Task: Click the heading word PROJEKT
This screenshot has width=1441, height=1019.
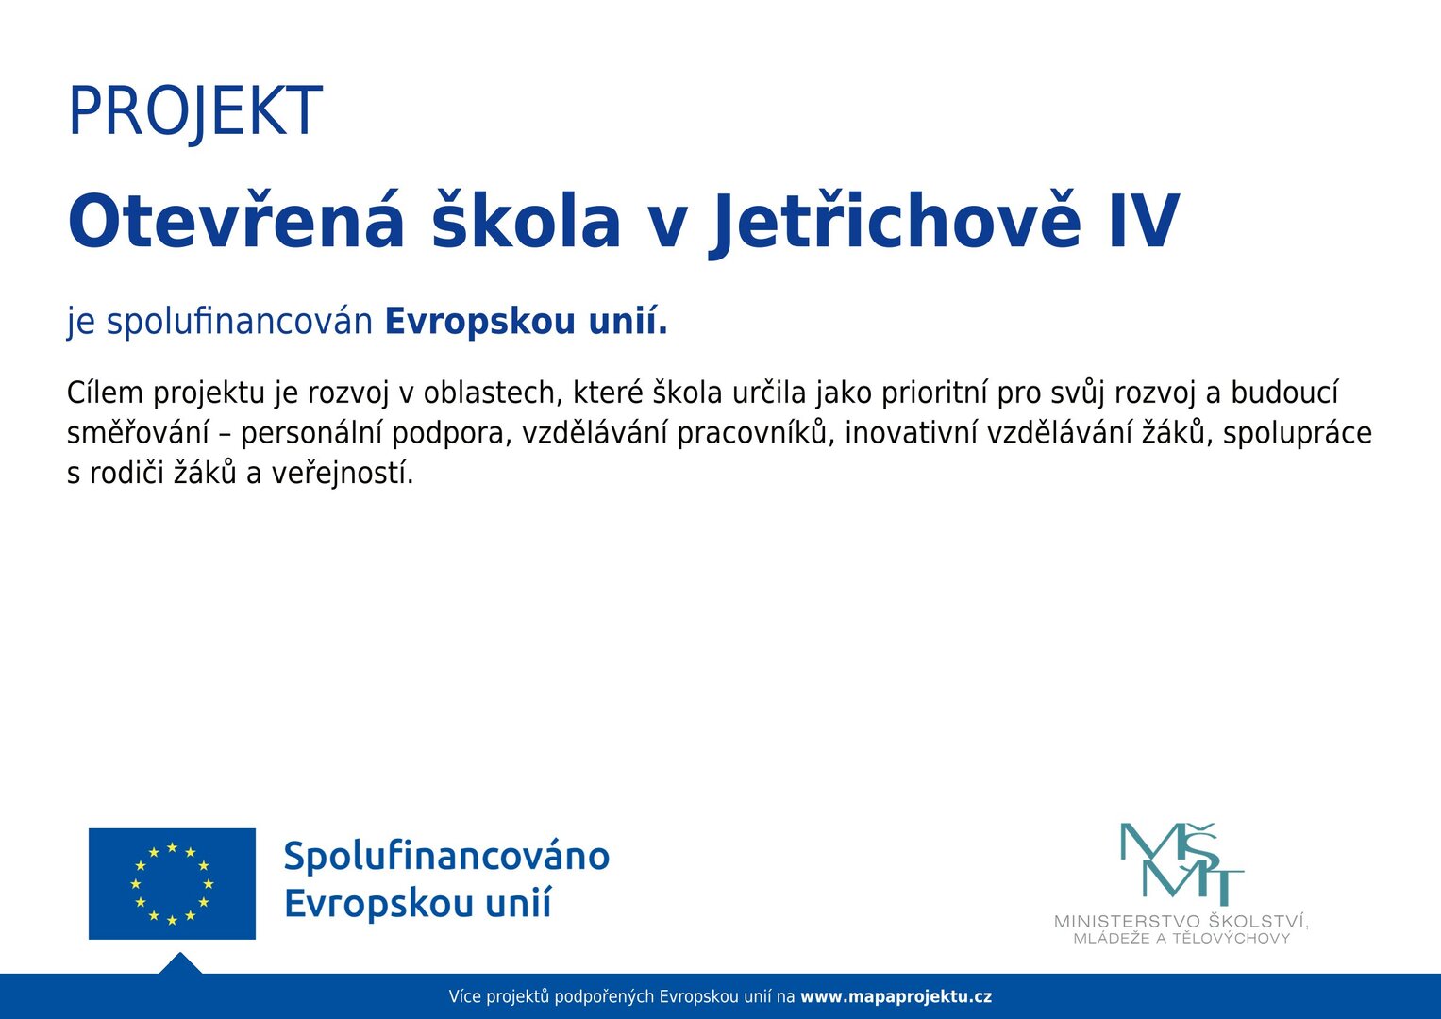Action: click(x=195, y=110)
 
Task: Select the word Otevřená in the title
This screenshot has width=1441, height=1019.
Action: click(x=236, y=221)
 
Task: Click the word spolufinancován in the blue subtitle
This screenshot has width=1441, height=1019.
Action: click(x=240, y=322)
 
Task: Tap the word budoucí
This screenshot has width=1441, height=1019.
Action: click(x=1284, y=393)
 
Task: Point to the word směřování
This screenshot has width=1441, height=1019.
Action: click(x=138, y=433)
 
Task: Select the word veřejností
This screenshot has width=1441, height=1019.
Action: click(x=342, y=474)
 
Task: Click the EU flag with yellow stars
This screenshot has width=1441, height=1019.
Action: click(x=172, y=884)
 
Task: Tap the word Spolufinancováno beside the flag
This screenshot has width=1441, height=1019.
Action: click(x=446, y=857)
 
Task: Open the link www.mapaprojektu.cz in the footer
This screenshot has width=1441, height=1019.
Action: click(x=896, y=998)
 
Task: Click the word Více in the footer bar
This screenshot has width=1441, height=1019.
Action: click(x=464, y=997)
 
